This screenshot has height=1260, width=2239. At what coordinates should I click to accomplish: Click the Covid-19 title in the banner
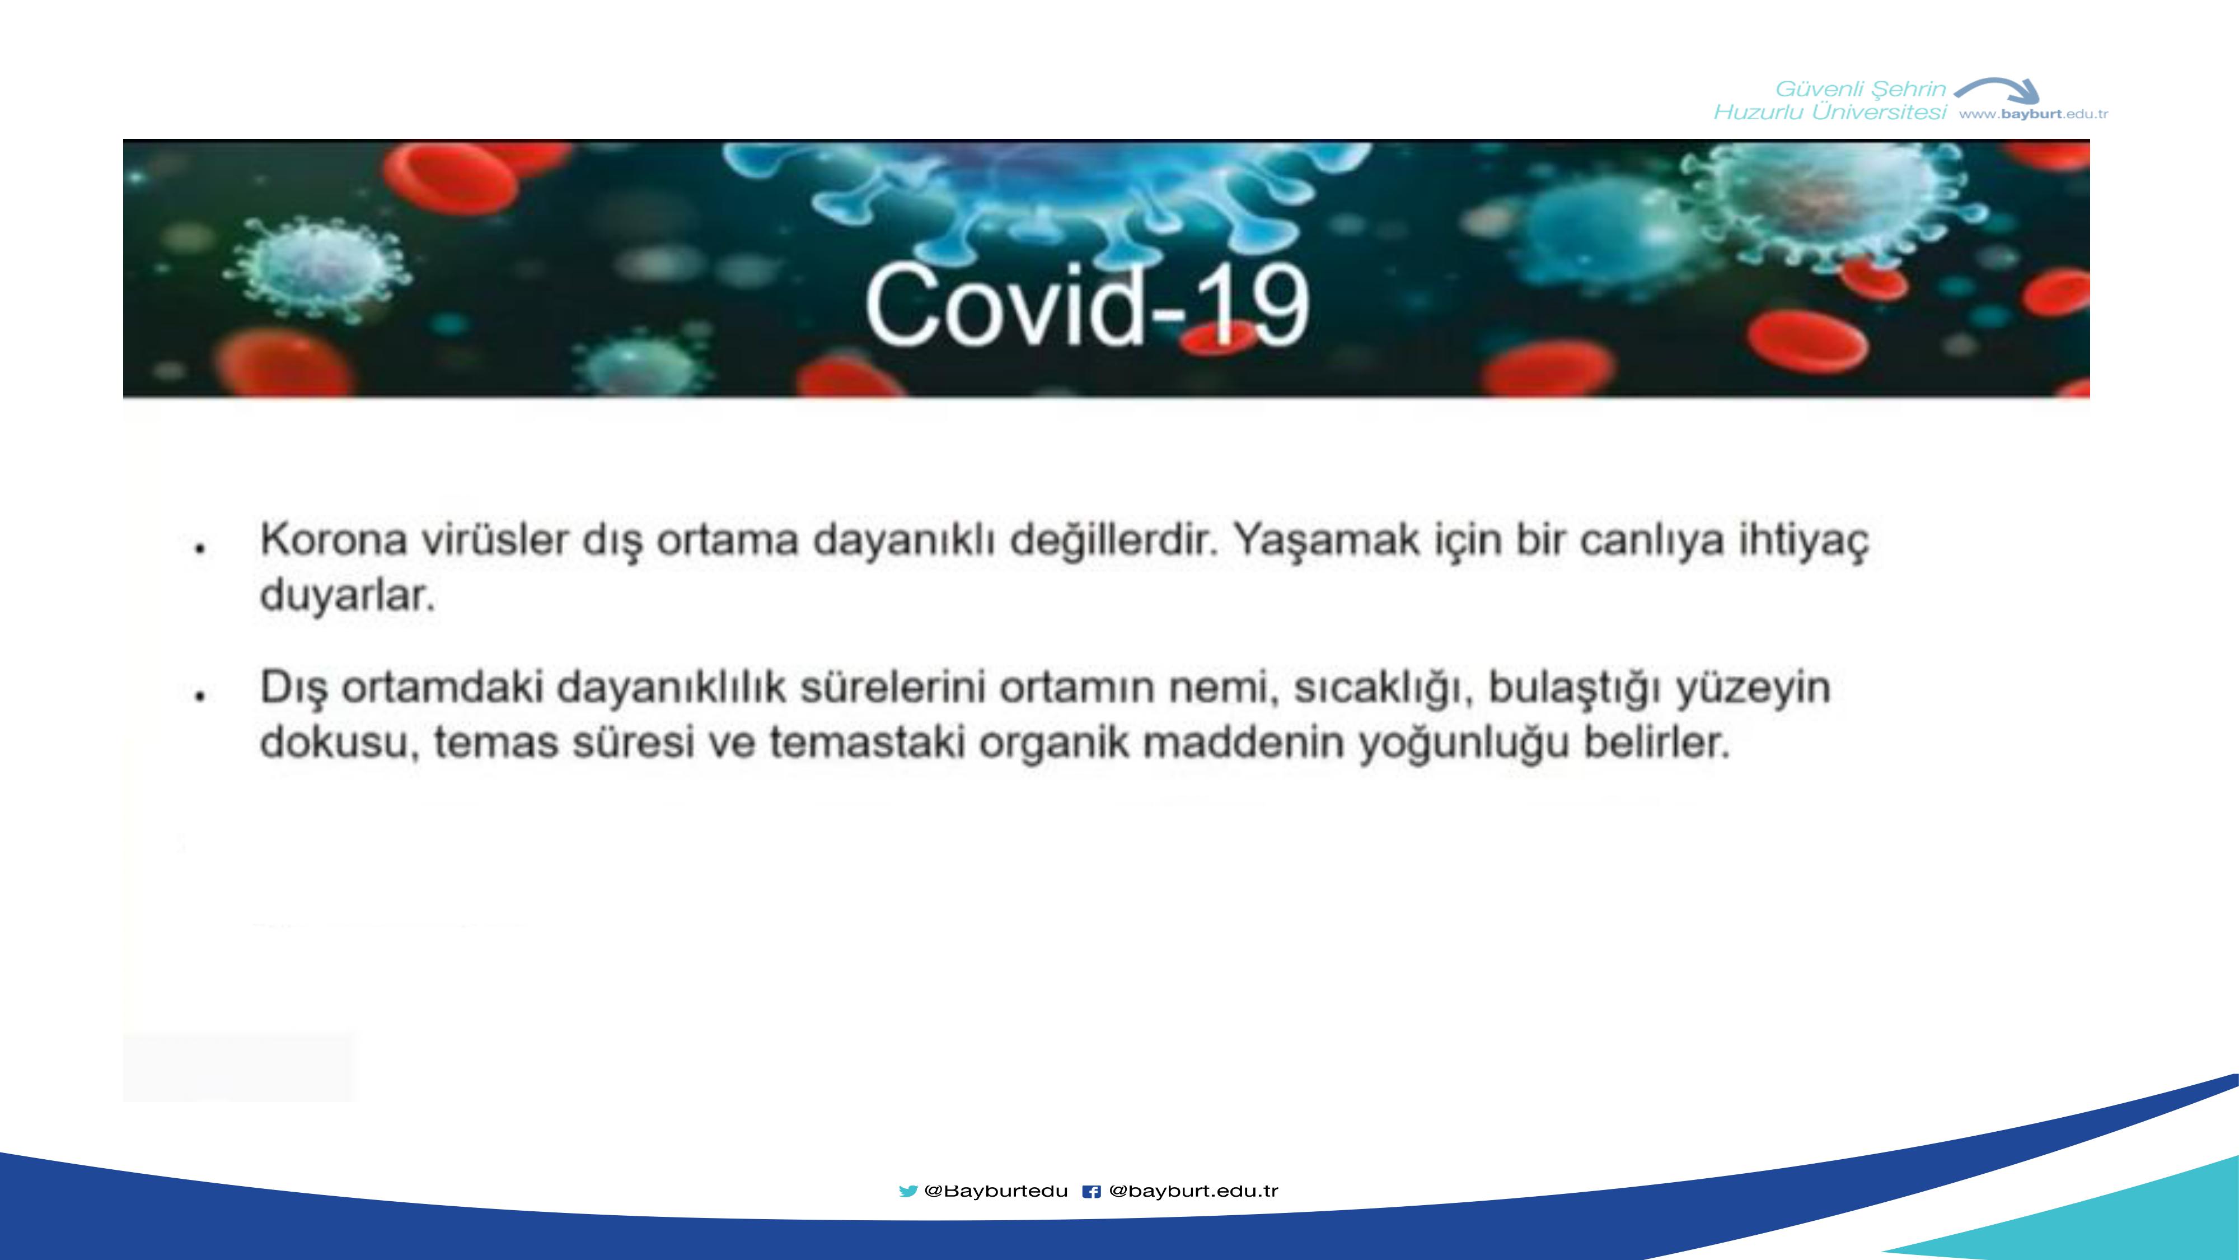point(1086,304)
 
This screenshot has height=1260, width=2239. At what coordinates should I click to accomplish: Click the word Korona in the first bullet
point(334,540)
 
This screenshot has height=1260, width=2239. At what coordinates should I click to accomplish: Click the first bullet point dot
point(200,548)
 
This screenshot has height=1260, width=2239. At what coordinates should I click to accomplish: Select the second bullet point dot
point(200,695)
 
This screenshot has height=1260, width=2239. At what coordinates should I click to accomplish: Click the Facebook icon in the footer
point(1092,1191)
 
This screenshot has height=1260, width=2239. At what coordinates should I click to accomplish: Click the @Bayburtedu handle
point(996,1191)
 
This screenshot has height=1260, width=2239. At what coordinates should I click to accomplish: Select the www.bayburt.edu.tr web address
point(2033,114)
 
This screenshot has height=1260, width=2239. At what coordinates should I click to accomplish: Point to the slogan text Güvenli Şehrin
point(1860,88)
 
